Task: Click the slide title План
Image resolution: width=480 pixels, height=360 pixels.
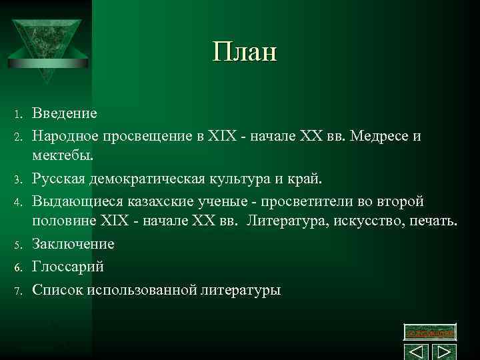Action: (244, 52)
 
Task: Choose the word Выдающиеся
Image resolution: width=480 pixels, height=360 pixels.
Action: (73, 201)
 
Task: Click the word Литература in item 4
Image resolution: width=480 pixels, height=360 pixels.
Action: (286, 221)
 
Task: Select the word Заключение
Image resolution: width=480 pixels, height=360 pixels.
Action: (73, 244)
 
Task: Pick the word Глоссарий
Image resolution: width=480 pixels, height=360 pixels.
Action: (68, 266)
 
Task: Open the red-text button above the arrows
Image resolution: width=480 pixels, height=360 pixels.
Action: (431, 332)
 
